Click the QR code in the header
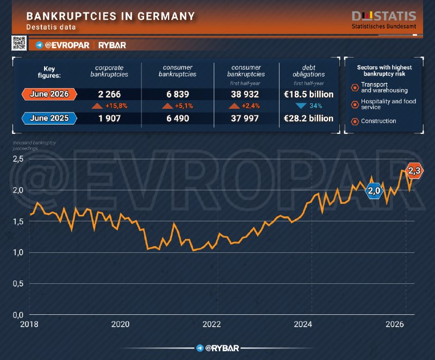coord(19,43)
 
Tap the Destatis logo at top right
coord(384,20)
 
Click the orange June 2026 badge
coord(49,94)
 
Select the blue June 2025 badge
coord(49,118)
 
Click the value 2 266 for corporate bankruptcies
coord(109,94)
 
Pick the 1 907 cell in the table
coord(109,119)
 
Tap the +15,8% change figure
coord(116,105)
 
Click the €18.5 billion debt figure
coord(308,94)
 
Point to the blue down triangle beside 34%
coord(301,105)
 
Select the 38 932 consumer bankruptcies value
coord(245,94)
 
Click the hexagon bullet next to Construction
coord(355,121)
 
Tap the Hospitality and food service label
coord(388,104)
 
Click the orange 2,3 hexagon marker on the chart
coord(414,171)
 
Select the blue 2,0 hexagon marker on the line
coord(374,191)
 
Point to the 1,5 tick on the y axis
coord(18,222)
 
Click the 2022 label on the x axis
coord(212,324)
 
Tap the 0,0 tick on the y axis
coord(18,315)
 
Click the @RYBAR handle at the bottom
coord(222,348)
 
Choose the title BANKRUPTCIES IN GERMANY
coord(111,16)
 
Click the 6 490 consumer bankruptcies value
coord(178,119)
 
